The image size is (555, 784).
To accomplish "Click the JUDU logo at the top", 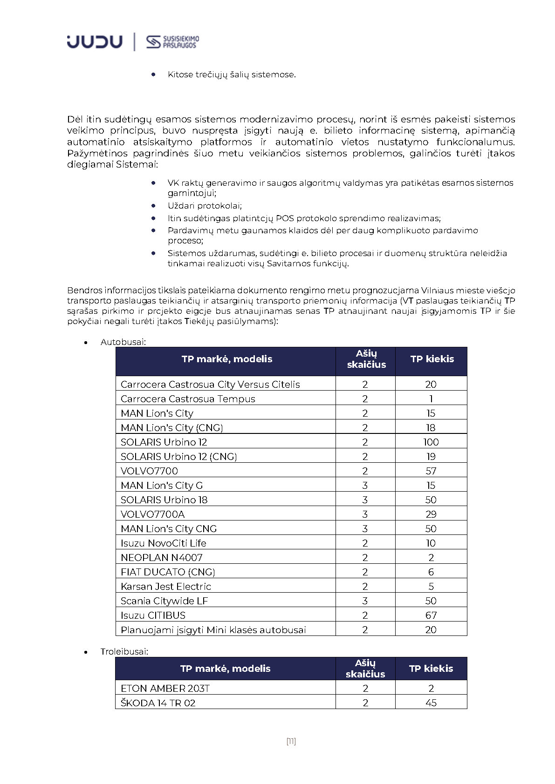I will point(95,42).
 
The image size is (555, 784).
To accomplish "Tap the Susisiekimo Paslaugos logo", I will point(172,42).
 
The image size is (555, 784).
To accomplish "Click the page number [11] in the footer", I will point(291,741).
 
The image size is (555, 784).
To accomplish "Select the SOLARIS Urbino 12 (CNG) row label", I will point(178,457).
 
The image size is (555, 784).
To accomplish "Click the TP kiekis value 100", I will point(431,442).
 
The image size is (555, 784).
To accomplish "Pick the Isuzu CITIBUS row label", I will point(153,615).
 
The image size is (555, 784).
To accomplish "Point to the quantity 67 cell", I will point(431,615).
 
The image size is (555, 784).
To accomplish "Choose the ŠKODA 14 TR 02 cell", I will point(158,703).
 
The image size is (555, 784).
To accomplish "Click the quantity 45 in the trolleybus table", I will point(431,703).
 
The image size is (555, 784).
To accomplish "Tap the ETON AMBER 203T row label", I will point(165,689).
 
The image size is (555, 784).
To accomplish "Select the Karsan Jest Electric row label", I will point(165,587).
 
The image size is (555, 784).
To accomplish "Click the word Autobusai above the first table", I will point(123,342).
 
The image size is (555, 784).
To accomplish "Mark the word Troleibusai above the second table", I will point(124,652).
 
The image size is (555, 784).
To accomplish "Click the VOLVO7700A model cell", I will point(152,514).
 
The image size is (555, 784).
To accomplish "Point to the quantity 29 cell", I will point(431,514).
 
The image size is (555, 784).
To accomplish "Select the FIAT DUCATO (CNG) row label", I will point(168,572).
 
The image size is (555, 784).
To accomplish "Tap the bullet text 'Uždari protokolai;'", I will point(205,206).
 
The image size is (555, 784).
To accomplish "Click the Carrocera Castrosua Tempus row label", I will point(188,399).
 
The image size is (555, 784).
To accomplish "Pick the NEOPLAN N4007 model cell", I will point(161,558).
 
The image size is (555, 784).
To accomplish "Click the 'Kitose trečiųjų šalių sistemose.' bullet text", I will point(232,74).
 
